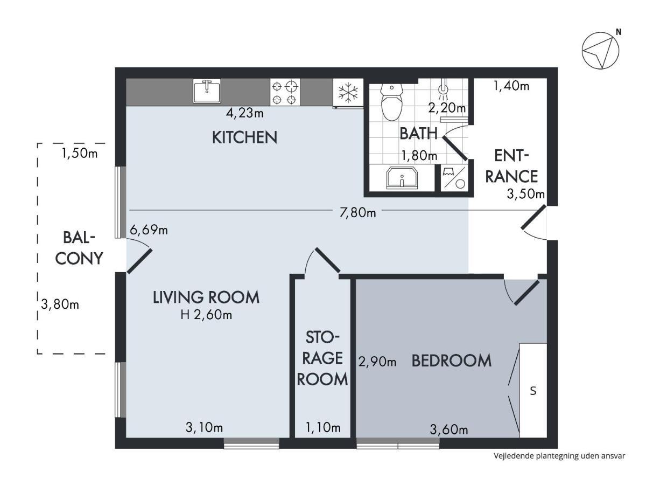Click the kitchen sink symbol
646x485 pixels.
(207, 91)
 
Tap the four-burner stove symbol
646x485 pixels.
(285, 92)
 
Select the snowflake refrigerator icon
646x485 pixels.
(348, 92)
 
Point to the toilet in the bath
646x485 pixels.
(391, 102)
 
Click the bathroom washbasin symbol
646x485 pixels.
(402, 178)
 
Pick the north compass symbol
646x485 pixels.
(600, 51)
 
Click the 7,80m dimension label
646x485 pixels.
(357, 213)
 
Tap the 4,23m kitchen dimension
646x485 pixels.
(244, 113)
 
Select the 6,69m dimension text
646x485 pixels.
(149, 230)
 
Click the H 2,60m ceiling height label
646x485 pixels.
(206, 315)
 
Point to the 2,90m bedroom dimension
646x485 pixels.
(377, 361)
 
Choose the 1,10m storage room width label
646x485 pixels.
(323, 428)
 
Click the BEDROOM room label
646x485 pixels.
(451, 361)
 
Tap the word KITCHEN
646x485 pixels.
(244, 137)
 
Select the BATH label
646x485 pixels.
(418, 133)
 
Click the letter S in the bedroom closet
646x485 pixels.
(533, 391)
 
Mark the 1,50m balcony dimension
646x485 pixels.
(80, 153)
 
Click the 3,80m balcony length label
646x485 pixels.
(60, 304)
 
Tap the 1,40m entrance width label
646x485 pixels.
(511, 86)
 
